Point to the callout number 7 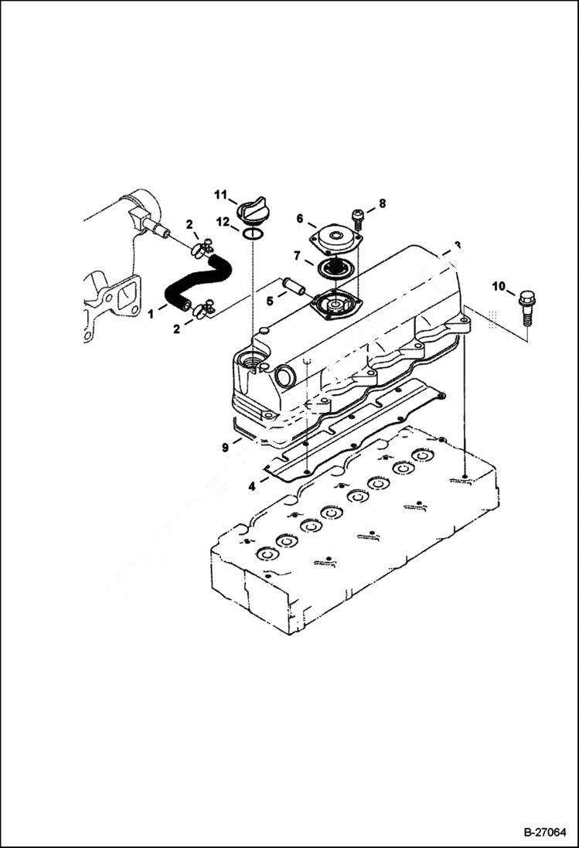coord(296,255)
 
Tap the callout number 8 coord(381,205)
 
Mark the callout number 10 coord(499,287)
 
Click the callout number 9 coord(224,447)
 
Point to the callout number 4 coord(251,486)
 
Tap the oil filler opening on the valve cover coord(252,360)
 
